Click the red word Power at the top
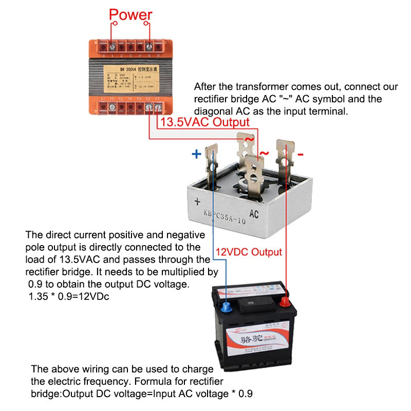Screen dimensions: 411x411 pyautogui.click(x=131, y=14)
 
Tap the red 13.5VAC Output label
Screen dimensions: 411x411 pyautogui.click(x=205, y=122)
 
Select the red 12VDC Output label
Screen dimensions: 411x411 pyautogui.click(x=249, y=252)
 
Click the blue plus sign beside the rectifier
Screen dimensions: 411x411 pyautogui.click(x=196, y=154)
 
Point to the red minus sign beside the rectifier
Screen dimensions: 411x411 pyautogui.click(x=301, y=154)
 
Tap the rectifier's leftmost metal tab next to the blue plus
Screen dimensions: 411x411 pyautogui.click(x=210, y=160)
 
